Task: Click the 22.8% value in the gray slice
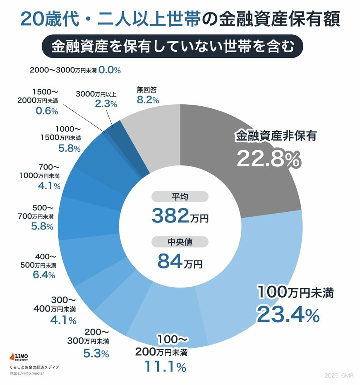point(267,158)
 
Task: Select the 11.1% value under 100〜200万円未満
point(165,366)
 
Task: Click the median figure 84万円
point(180,261)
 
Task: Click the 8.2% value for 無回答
point(147,99)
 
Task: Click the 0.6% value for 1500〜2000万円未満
point(46,111)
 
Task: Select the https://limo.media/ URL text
point(26,373)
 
